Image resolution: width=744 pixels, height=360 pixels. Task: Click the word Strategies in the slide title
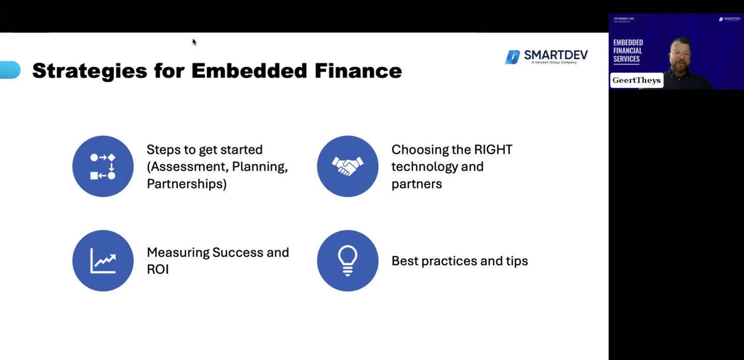click(89, 71)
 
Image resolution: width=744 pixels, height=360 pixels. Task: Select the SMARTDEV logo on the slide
click(546, 57)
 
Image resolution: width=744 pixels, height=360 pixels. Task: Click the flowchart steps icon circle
click(103, 166)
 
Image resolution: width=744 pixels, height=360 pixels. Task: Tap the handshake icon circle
click(347, 166)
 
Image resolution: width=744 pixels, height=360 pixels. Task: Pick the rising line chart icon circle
click(103, 260)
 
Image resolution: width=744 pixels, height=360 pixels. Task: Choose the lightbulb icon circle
click(347, 260)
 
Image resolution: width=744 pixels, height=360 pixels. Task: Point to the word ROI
click(158, 269)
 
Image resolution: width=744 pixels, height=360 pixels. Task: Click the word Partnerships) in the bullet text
click(187, 184)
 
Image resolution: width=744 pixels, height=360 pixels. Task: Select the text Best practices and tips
click(459, 261)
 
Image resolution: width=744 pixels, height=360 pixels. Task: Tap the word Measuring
click(178, 253)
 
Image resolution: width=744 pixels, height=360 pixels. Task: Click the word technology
click(424, 167)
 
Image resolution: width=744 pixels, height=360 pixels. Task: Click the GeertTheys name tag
click(637, 81)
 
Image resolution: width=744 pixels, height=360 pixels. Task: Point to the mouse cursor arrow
click(194, 42)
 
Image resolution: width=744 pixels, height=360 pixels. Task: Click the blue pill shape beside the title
click(10, 70)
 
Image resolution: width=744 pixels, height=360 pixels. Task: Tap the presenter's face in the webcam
click(680, 54)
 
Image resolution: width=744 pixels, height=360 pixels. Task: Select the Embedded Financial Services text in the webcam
click(627, 51)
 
